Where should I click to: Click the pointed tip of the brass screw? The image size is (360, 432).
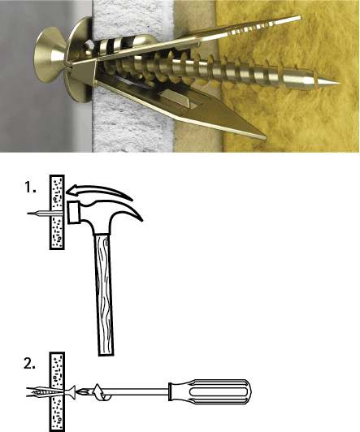339,83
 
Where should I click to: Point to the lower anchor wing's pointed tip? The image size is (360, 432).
265,137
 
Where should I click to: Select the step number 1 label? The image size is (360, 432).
30,187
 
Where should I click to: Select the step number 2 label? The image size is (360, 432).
29,364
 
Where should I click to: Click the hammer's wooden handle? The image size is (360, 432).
104,294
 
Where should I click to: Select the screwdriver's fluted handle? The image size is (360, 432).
210,391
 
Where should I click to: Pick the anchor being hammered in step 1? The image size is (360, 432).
46,213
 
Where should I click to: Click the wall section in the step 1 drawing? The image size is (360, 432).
57,212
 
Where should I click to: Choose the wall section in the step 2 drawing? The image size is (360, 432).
57,391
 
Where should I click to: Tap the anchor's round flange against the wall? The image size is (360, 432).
80,59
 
